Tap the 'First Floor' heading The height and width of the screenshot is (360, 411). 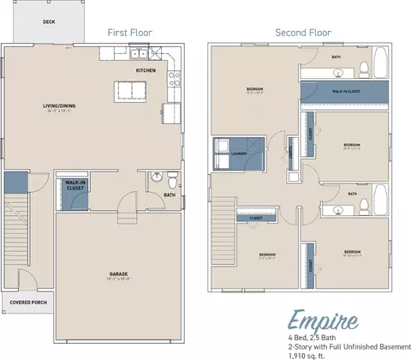(x=129, y=33)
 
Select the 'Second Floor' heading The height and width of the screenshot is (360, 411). (x=302, y=33)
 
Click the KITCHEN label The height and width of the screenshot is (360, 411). (x=146, y=70)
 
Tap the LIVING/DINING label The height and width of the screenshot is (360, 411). (x=61, y=107)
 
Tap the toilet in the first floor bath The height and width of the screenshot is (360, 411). (x=172, y=180)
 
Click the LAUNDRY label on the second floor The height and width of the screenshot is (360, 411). (x=241, y=154)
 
